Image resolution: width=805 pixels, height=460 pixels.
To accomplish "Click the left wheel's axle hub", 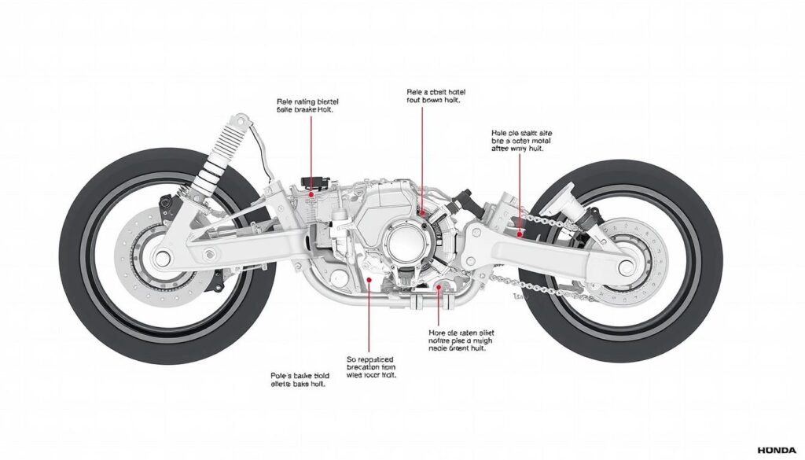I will [162, 256].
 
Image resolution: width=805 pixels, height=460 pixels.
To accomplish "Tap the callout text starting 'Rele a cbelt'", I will [425, 96].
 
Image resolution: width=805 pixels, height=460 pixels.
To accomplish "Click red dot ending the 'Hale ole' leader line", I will [520, 233].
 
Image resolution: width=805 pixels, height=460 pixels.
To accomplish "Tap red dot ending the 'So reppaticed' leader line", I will [369, 278].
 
